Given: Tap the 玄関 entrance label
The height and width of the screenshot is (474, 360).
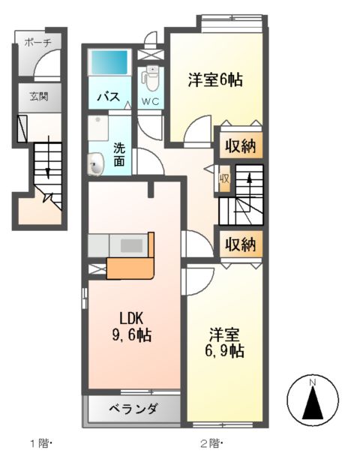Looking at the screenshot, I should click(38, 96).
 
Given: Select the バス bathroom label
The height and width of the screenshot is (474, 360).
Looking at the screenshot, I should click(109, 97).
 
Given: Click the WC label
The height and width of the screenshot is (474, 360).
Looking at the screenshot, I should click(151, 101).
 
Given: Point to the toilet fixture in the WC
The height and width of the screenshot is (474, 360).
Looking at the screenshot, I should click(151, 77).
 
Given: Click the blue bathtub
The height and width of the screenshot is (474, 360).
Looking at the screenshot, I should click(109, 63).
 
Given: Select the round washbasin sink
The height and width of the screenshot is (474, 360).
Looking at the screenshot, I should click(95, 163).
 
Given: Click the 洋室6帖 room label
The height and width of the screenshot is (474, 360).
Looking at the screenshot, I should click(214, 79).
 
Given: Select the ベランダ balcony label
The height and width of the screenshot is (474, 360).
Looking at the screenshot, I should click(133, 409).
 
